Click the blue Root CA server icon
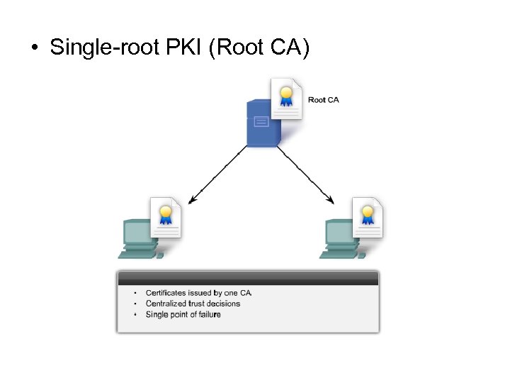[262, 124]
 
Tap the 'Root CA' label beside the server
[323, 100]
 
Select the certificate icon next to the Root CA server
[287, 99]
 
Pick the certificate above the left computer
[166, 216]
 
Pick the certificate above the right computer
[368, 216]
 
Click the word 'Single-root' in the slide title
[91, 48]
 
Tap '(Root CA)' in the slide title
[259, 48]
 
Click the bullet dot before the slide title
[34, 49]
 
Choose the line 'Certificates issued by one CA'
[198, 292]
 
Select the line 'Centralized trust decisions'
[193, 304]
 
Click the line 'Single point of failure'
[183, 314]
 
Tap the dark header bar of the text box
[248, 278]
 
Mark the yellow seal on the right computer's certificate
[368, 211]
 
